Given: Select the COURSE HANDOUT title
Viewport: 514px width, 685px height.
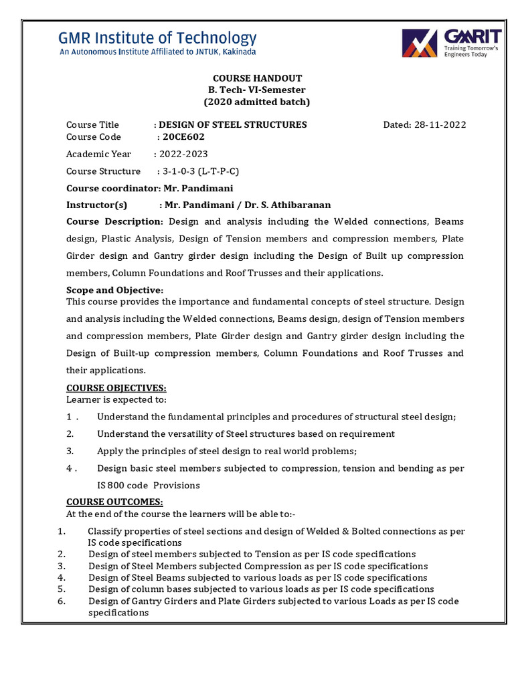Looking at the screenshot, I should tap(257, 78).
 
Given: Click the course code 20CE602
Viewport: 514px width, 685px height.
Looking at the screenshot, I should tap(183, 136).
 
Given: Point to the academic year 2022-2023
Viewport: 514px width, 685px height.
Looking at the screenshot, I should tap(180, 154).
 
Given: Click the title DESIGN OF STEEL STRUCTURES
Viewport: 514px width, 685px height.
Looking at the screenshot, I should tap(232, 124).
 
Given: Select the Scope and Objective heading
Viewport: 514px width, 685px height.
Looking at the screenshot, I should tap(114, 290).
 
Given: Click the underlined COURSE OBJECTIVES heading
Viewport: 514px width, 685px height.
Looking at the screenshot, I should tap(116, 388).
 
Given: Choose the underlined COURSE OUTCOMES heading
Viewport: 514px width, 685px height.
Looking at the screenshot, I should tap(114, 502).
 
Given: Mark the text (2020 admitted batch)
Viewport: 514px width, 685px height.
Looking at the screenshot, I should tap(257, 102).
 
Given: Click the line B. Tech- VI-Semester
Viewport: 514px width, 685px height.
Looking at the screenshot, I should tap(257, 90).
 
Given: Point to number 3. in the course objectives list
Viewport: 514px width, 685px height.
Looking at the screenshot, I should tap(70, 451).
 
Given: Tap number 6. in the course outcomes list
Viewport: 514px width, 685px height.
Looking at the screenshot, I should tap(61, 601).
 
